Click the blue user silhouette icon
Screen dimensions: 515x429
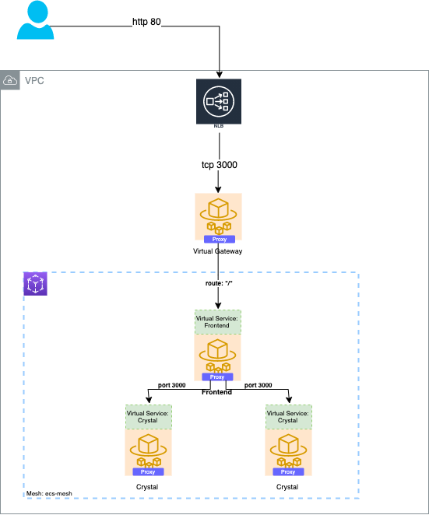36,20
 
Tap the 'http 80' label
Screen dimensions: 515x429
146,22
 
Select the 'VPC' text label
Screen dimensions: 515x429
34,81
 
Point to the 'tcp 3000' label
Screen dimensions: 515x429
219,165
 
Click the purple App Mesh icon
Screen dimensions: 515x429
36,283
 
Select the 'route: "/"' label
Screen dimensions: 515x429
219,284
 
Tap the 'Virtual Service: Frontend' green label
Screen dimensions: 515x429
218,321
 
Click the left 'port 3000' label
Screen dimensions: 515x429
171,385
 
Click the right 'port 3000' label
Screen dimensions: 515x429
258,385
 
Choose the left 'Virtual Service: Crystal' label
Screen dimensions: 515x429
148,415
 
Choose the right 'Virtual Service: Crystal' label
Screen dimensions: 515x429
288,415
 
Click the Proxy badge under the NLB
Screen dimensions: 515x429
219,240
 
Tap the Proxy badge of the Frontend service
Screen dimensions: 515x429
217,377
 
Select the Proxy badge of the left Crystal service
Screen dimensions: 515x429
148,471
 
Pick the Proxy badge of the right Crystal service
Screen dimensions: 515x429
288,471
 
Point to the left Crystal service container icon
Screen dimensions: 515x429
148,448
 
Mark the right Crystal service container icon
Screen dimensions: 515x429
288,448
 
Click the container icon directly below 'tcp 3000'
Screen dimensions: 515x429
219,214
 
